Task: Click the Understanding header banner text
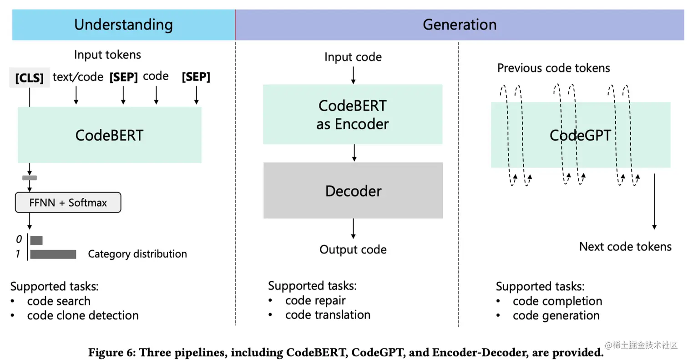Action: point(123,24)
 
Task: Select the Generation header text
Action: point(459,24)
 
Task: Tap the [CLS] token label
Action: point(30,78)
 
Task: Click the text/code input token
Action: point(78,77)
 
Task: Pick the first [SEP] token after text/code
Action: point(123,77)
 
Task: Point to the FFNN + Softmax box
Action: point(68,203)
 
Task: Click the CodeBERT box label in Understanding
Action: point(109,135)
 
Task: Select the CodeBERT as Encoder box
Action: point(353,114)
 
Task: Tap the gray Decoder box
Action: point(353,191)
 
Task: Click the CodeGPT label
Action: point(580,135)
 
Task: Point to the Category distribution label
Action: point(137,254)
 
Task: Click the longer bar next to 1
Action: point(53,254)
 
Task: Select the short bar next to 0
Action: point(36,240)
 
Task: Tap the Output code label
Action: point(353,249)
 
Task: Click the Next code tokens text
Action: point(625,247)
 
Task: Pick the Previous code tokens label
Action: point(553,68)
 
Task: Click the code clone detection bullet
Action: point(83,315)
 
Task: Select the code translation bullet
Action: point(328,314)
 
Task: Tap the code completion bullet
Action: point(557,301)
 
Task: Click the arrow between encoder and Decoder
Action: point(354,153)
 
